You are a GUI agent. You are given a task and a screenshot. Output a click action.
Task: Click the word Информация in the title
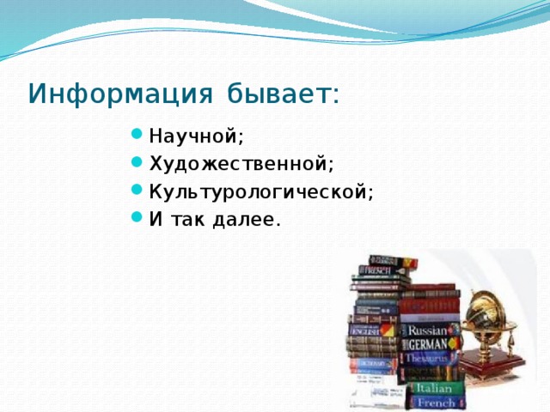[121, 92]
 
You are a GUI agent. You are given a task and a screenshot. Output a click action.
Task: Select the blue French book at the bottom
[435, 402]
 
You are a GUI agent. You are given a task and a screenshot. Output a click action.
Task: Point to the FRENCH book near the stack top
[378, 270]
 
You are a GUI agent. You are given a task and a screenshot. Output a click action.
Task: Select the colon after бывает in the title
[335, 94]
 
